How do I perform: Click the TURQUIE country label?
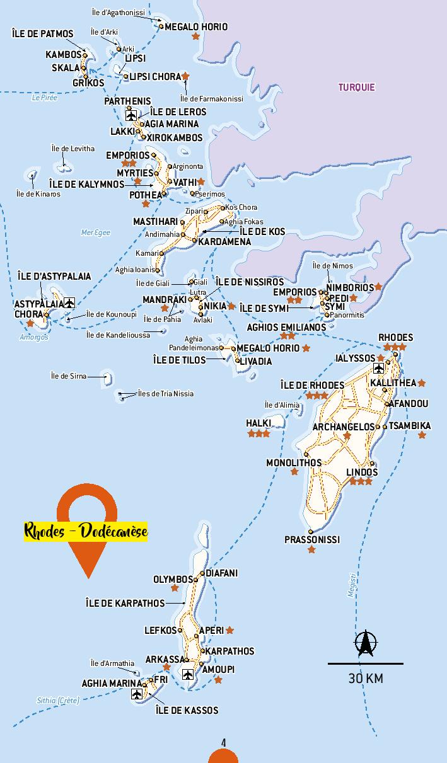point(356,88)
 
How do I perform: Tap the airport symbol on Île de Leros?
point(131,115)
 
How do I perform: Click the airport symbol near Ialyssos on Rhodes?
point(378,369)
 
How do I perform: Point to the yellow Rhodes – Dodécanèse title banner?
point(86,531)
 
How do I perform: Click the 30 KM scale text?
point(366,679)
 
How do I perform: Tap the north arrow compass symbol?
point(365,643)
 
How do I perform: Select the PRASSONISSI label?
point(311,539)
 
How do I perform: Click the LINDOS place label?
point(362,472)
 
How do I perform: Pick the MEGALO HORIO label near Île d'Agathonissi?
point(196,27)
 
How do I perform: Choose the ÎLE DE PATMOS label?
point(42,34)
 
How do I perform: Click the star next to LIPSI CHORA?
point(185,76)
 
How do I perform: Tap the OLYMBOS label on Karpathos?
point(173,579)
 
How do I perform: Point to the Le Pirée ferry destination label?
point(44,98)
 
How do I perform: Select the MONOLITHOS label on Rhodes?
point(293,462)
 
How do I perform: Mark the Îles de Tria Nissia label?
point(166,394)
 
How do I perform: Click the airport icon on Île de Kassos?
point(137,694)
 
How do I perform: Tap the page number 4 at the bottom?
point(223,742)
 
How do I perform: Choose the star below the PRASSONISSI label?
point(311,550)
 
